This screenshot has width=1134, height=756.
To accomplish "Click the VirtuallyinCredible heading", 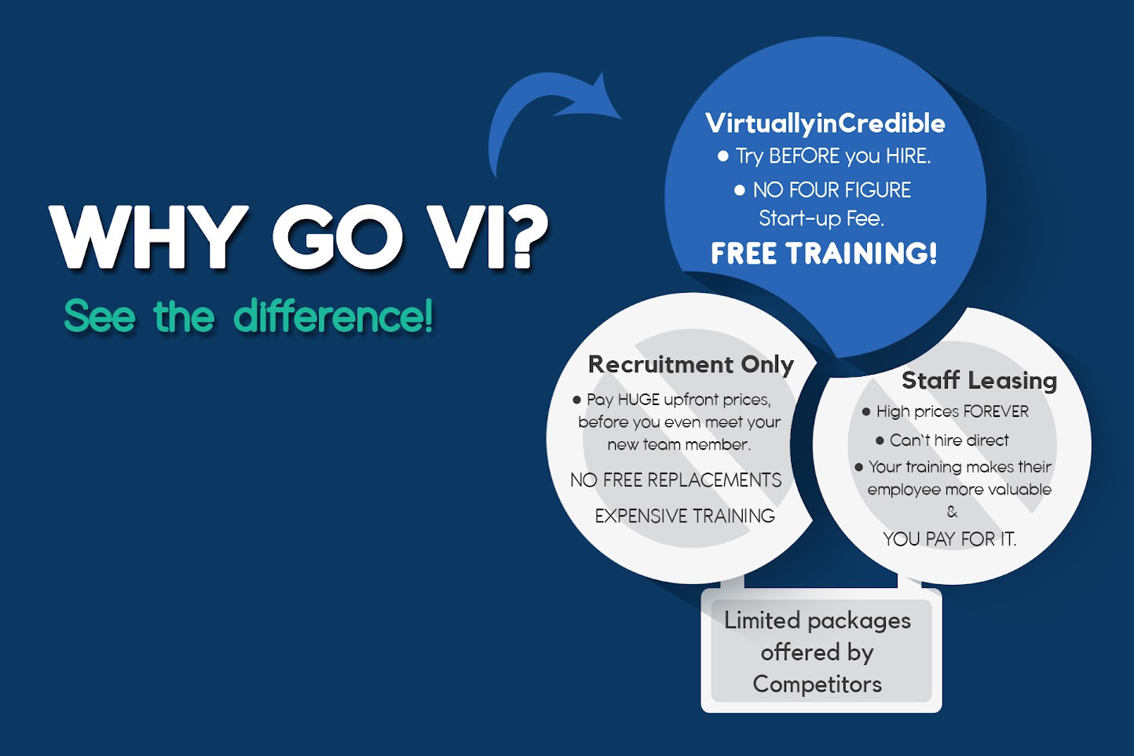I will [825, 123].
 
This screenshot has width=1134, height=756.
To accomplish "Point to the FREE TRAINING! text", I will [824, 254].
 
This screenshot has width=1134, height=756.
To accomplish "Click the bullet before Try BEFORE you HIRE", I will [722, 156].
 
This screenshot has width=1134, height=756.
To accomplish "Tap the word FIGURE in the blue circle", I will [877, 190].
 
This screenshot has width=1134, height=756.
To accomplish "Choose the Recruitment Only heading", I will [691, 364].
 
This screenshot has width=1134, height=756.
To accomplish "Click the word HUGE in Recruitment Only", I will [638, 400].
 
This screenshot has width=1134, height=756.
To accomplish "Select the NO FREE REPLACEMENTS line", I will [676, 480].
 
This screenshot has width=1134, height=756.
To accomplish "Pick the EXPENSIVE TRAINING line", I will [685, 516].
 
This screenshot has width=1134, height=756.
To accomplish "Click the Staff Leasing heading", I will [979, 381].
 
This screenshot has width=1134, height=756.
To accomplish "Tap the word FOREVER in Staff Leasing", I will [996, 411].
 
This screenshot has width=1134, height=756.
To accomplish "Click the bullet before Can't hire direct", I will [880, 440].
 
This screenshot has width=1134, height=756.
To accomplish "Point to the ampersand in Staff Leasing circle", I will [952, 512].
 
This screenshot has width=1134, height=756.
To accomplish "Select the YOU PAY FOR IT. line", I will [949, 539].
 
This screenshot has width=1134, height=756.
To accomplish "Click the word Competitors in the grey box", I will [817, 684].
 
